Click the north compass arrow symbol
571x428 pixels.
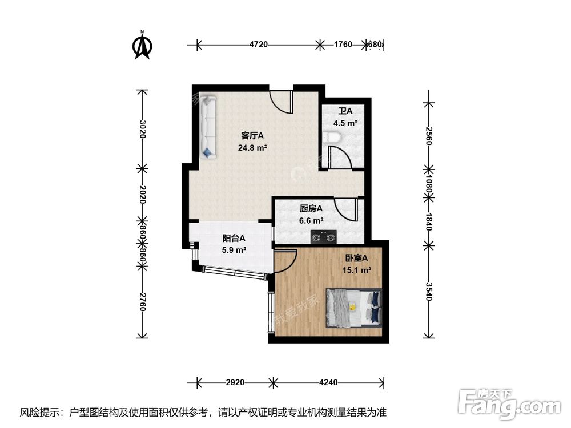[x=142, y=47]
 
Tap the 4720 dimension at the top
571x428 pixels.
[x=258, y=44]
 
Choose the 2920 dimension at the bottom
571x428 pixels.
[x=235, y=382]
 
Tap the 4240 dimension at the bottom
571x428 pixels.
[x=329, y=382]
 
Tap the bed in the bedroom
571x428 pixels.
[x=353, y=308]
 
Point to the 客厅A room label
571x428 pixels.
[x=252, y=136]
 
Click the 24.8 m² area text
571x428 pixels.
[x=252, y=147]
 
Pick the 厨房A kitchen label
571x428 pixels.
[x=311, y=209]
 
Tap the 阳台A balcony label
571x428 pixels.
[x=234, y=238]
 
